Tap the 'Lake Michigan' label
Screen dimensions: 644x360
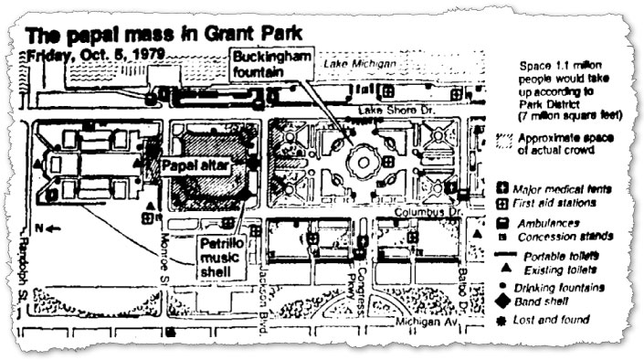pyautogui.click(x=365, y=65)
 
